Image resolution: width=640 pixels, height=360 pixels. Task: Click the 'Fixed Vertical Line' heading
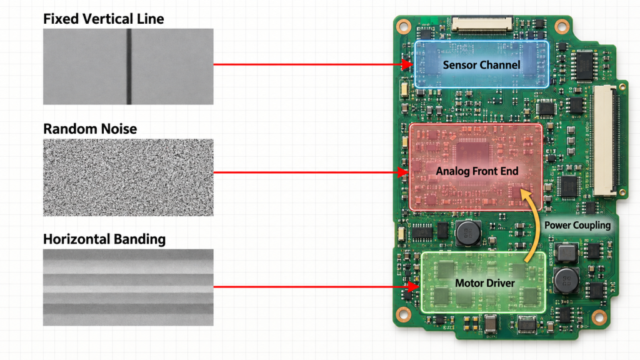[x=103, y=19]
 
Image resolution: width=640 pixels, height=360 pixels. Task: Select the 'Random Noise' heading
[x=90, y=129]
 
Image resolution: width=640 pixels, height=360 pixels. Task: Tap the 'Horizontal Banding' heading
[x=104, y=239]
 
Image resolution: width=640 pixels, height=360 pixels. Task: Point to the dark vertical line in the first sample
[x=129, y=66]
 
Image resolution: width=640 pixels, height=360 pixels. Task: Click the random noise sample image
[x=128, y=177]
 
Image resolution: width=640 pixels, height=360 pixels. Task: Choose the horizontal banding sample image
[x=128, y=287]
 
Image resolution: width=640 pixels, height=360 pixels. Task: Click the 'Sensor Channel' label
[x=481, y=65]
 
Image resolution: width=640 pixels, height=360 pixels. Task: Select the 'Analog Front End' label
[x=477, y=171]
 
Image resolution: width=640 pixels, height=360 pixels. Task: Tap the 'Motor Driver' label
[x=485, y=283]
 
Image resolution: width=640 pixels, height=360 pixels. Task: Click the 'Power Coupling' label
[x=577, y=225]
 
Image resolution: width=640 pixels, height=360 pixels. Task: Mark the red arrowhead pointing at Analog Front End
[x=403, y=172]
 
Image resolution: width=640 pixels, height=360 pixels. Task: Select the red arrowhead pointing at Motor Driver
[x=414, y=286]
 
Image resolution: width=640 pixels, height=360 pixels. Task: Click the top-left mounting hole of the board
[x=404, y=27]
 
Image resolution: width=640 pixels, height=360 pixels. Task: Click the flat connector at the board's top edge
[x=482, y=24]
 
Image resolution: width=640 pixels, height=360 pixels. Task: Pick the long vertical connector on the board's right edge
[x=605, y=141]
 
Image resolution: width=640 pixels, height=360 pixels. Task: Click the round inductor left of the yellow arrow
[x=468, y=233]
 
